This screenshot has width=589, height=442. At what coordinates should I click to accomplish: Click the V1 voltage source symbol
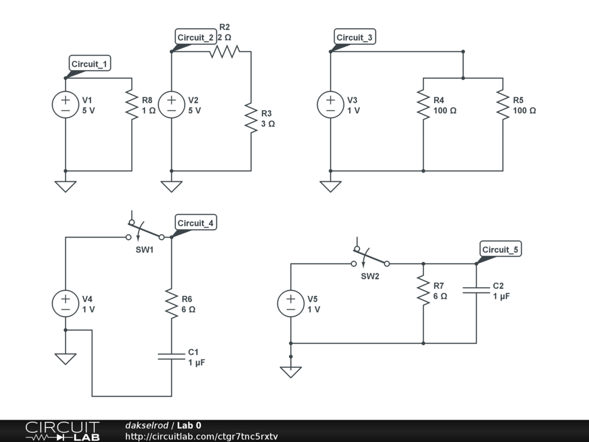(x=66, y=105)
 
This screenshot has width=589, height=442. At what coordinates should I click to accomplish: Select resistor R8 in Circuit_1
(x=132, y=105)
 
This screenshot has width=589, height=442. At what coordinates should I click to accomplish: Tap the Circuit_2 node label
(x=196, y=37)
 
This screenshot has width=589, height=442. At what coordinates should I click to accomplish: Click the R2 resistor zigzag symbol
(x=224, y=52)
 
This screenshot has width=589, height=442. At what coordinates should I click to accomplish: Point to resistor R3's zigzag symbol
(x=251, y=118)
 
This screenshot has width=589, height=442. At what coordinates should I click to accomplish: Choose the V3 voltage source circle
(x=330, y=105)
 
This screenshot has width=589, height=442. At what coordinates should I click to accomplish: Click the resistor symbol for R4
(x=423, y=105)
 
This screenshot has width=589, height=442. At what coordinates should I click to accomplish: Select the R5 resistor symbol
(x=503, y=105)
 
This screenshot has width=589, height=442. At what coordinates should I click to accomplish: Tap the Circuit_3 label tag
(x=354, y=37)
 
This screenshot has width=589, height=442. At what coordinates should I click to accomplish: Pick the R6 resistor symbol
(x=171, y=304)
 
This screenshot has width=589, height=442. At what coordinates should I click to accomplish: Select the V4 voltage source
(x=66, y=304)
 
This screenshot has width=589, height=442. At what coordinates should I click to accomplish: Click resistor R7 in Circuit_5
(x=423, y=291)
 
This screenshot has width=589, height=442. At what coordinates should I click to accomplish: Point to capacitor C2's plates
(x=476, y=291)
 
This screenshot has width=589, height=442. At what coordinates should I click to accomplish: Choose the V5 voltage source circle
(x=291, y=304)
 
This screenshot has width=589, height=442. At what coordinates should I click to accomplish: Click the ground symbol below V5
(x=291, y=372)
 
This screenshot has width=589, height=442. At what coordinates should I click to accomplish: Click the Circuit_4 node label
(x=196, y=223)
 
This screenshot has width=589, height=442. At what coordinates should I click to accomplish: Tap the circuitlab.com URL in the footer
(x=201, y=436)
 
